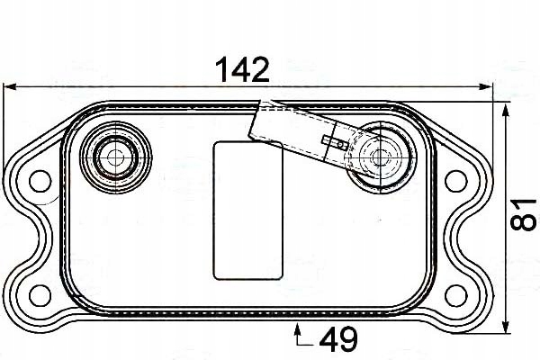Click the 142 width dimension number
[242, 70]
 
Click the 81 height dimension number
[524, 214]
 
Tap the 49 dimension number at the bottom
[338, 339]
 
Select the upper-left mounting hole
[40, 181]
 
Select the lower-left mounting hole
[40, 295]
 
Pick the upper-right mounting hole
[456, 181]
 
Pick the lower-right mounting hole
[456, 295]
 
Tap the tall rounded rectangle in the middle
[248, 211]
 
